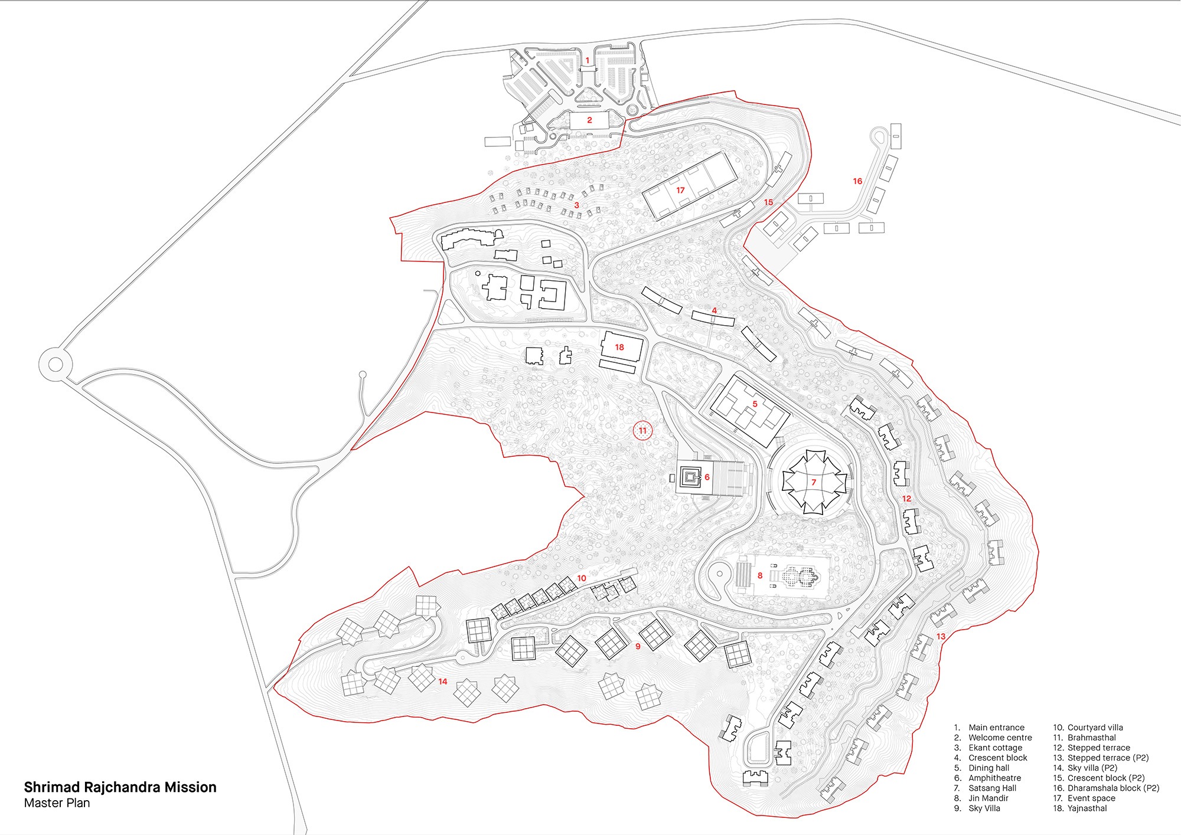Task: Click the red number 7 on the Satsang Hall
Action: click(x=814, y=482)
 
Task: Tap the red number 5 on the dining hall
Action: click(x=755, y=404)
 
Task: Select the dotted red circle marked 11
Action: click(x=642, y=430)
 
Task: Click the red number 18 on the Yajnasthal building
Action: click(x=619, y=347)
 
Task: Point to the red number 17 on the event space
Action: click(x=680, y=190)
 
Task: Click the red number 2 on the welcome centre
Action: click(x=589, y=120)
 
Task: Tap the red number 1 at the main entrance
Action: click(x=588, y=60)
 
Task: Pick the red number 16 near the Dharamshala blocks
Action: click(x=857, y=181)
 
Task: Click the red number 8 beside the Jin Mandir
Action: click(x=760, y=575)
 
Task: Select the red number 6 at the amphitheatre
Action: click(x=707, y=477)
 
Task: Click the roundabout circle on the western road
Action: click(x=56, y=364)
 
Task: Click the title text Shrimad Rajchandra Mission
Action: click(x=120, y=787)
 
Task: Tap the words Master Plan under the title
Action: click(x=57, y=803)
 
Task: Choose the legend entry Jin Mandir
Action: click(x=988, y=798)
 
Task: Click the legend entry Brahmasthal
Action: click(x=1091, y=738)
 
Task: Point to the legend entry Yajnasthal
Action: click(x=1087, y=808)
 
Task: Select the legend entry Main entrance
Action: click(x=996, y=728)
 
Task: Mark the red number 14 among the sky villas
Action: click(x=443, y=682)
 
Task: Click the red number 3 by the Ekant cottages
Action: click(x=577, y=205)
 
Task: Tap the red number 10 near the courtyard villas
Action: click(x=582, y=578)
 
